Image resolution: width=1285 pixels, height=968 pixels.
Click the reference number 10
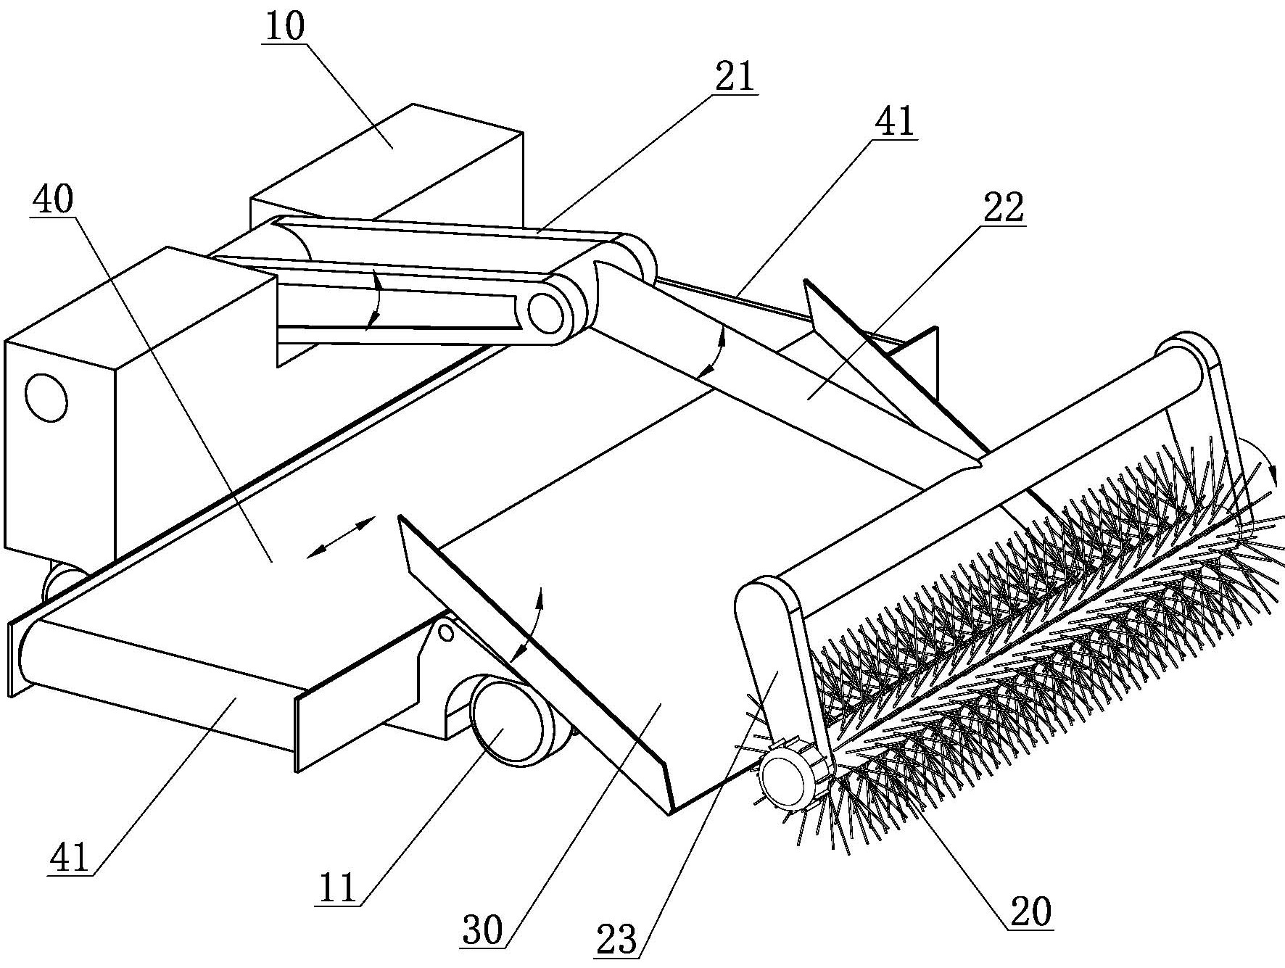tap(285, 27)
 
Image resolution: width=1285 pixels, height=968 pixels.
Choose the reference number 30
tap(482, 930)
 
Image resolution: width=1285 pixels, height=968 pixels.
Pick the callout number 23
tap(616, 940)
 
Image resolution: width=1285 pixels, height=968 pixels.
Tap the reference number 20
tap(1030, 913)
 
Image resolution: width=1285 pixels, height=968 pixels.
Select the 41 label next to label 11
tap(70, 859)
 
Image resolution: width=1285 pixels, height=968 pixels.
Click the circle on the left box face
tap(46, 398)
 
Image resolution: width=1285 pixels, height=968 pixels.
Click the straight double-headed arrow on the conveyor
tap(340, 537)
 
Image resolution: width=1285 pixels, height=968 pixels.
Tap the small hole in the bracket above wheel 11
tap(447, 633)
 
